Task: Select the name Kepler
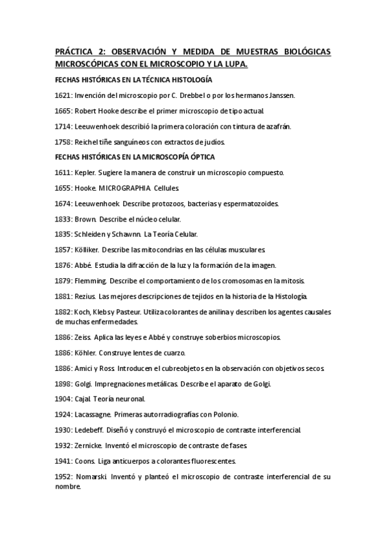86,173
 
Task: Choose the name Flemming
91,281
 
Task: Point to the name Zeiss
84,337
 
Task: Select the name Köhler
86,353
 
